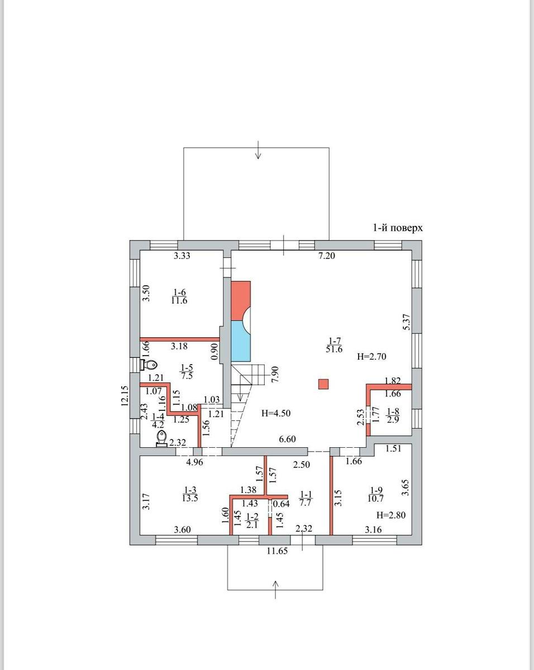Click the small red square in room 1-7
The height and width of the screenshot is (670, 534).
323,384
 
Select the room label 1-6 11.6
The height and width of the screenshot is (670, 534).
179,296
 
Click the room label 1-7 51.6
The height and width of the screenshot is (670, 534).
334,345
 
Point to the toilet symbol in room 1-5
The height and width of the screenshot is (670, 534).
149,364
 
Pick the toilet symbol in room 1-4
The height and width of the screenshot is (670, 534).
161,439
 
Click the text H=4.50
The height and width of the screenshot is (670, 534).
276,413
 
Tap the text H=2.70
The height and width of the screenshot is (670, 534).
371,356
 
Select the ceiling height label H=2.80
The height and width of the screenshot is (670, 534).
391,515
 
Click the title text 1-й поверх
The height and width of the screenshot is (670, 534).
398,228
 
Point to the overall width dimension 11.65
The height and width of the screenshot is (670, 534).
277,551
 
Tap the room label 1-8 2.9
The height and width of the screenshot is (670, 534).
393,415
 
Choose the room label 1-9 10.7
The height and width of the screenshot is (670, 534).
376,495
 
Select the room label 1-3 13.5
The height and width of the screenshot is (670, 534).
190,494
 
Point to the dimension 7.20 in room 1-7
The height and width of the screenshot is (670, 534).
327,256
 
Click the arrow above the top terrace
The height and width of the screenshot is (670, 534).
258,150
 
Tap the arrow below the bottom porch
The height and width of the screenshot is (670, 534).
275,590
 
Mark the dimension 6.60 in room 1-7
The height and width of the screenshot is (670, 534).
287,439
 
